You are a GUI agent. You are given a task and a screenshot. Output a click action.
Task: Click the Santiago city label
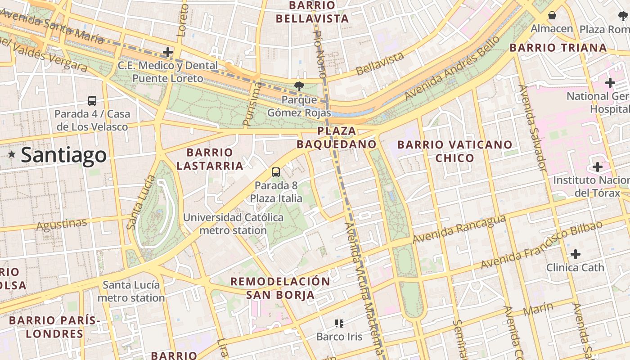(x=63, y=155)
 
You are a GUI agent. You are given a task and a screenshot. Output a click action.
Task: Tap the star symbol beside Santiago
(x=12, y=155)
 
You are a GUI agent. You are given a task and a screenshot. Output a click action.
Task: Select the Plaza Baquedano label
(x=337, y=138)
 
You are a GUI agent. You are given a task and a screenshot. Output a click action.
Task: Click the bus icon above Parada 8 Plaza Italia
(x=275, y=172)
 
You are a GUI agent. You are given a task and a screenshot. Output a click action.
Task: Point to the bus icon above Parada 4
(x=92, y=100)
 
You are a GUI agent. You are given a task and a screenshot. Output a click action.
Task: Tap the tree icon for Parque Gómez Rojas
(x=298, y=86)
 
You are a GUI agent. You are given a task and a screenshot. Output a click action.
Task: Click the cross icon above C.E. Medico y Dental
(x=168, y=52)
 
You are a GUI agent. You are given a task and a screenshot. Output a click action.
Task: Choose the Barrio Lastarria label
(x=210, y=159)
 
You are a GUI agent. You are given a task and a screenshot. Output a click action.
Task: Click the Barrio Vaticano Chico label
(x=455, y=151)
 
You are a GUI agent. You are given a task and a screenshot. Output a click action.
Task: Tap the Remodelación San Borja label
(x=280, y=288)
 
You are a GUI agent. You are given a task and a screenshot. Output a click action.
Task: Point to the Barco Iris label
(x=339, y=337)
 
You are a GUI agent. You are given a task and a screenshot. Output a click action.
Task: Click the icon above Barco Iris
(x=339, y=323)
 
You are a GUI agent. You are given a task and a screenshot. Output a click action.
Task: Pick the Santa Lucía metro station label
(x=131, y=291)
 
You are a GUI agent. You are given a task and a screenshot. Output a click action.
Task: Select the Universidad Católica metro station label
(x=233, y=224)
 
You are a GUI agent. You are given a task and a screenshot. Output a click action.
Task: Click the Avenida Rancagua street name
(x=459, y=229)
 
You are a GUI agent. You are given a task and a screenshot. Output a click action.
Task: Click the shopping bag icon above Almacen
(x=552, y=16)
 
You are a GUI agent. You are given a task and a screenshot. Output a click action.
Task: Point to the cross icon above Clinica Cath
(x=575, y=254)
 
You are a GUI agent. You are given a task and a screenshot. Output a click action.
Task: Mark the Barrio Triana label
(x=558, y=48)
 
